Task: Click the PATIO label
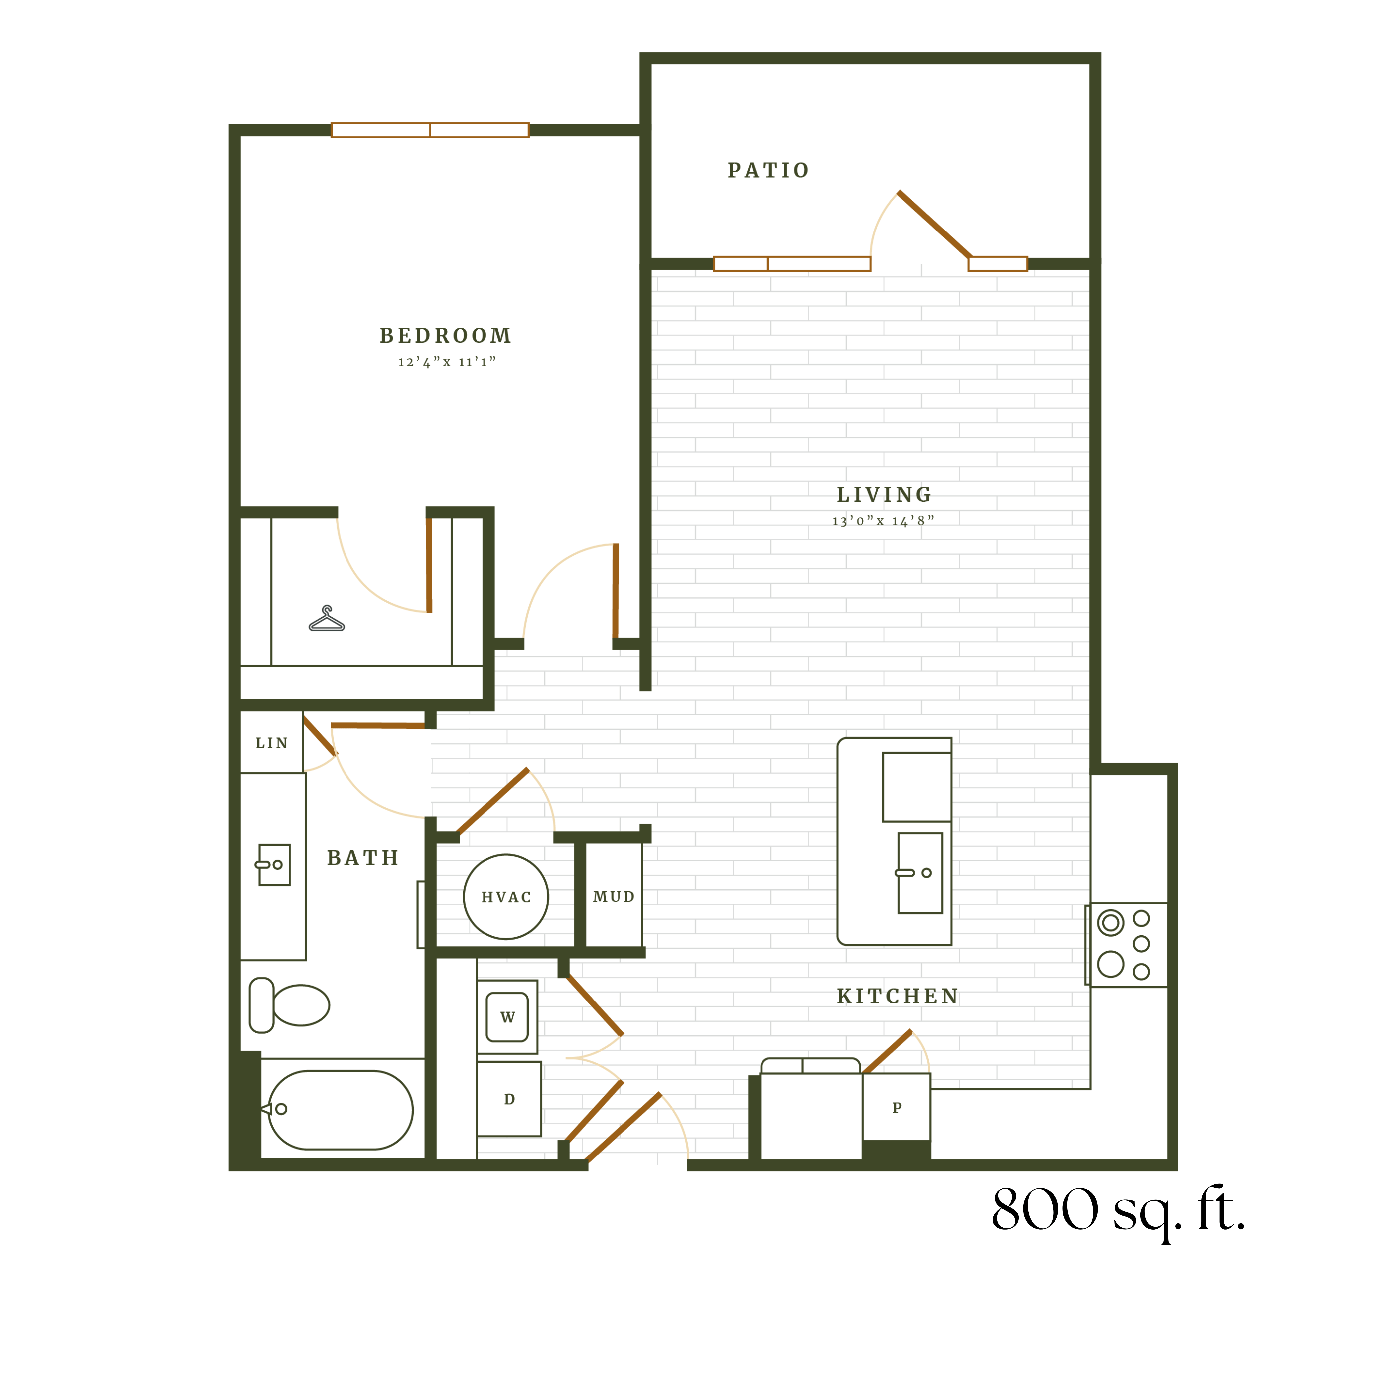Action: tap(768, 171)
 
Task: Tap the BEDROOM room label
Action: tap(446, 336)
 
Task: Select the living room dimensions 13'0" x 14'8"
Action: tap(883, 521)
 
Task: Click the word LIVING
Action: tap(885, 495)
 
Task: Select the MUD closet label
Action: tap(614, 897)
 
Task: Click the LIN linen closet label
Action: tap(272, 743)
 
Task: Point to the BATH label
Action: tap(363, 858)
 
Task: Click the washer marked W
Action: tap(507, 1016)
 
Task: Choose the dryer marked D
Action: tap(509, 1099)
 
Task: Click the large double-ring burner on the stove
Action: tap(1111, 923)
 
